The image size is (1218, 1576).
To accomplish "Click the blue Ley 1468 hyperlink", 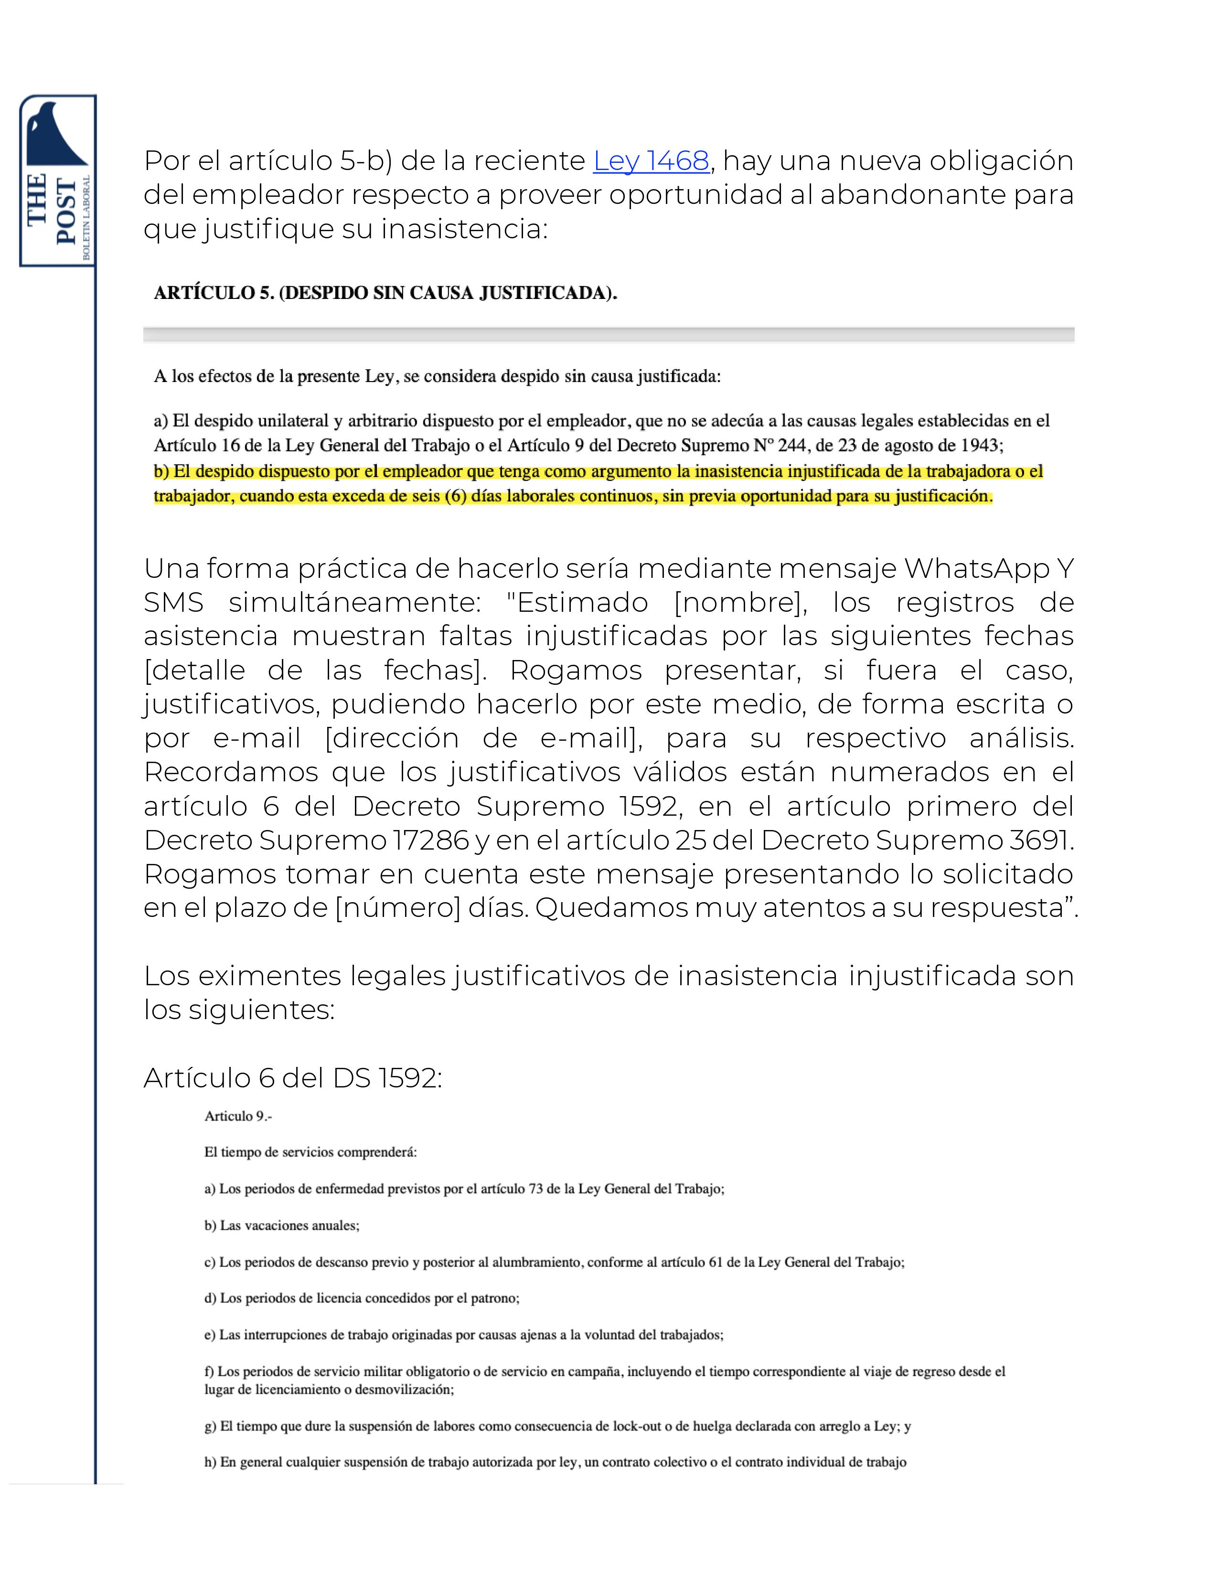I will coord(651,161).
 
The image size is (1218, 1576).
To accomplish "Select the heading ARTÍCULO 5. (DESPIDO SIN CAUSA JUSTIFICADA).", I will coord(385,293).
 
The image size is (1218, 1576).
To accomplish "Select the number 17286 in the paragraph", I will coord(430,840).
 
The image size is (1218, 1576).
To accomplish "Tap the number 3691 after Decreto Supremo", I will coord(1041,840).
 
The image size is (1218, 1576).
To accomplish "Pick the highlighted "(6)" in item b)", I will coord(456,497).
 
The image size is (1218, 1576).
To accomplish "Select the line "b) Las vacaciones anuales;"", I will coord(281,1225).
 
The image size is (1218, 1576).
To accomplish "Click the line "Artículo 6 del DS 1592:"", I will coord(292,1078).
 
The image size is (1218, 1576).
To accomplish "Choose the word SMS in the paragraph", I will coord(173,603).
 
